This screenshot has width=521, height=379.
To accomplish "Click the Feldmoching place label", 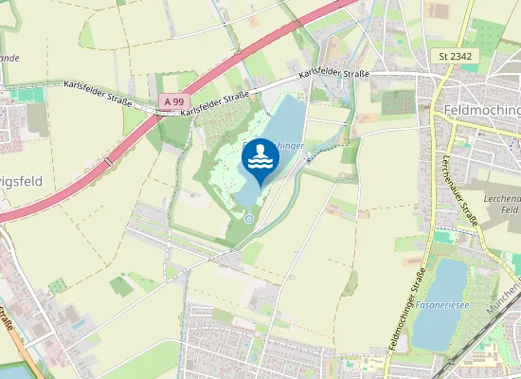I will (x=481, y=110).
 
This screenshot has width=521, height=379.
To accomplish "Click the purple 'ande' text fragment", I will (x=9, y=58).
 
